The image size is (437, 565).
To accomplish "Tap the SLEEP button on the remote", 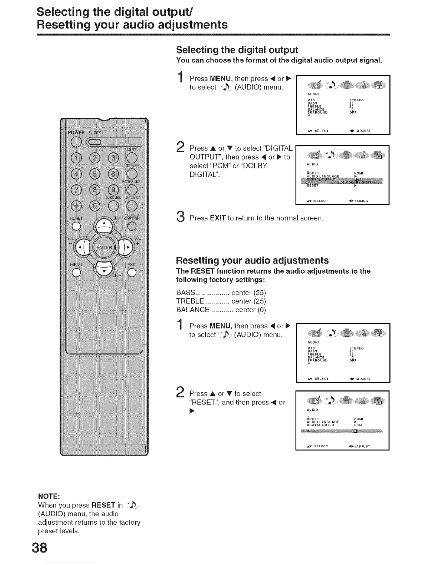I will pyautogui.click(x=95, y=142).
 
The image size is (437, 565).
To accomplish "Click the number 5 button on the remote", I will pyautogui.click(x=95, y=174).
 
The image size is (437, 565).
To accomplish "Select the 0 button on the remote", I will pyautogui.click(x=95, y=206).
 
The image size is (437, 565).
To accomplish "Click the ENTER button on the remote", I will pyautogui.click(x=104, y=247).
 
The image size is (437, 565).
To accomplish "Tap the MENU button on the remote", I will pyautogui.click(x=76, y=273).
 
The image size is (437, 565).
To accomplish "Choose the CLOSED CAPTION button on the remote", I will pyautogui.click(x=132, y=226).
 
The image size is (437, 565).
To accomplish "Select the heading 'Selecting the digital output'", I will pyautogui.click(x=237, y=50).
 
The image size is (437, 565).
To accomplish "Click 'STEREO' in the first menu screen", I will pyautogui.click(x=356, y=100).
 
